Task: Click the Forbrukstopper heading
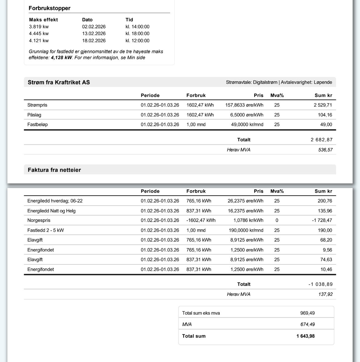(49, 8)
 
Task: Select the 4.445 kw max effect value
(39, 34)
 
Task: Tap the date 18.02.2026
(94, 41)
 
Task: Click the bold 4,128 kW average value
(61, 58)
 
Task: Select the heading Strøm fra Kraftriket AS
(59, 82)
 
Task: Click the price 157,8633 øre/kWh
(244, 105)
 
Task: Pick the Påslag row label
(34, 115)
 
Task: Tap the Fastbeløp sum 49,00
(326, 125)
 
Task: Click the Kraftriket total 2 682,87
(322, 140)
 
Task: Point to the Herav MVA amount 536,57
(325, 150)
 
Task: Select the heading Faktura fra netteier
(54, 170)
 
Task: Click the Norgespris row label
(39, 220)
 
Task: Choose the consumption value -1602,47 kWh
(201, 220)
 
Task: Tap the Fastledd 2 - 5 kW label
(46, 230)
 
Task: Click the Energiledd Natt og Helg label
(51, 211)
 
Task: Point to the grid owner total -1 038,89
(320, 284)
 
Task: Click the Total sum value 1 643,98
(306, 336)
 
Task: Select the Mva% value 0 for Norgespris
(277, 220)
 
